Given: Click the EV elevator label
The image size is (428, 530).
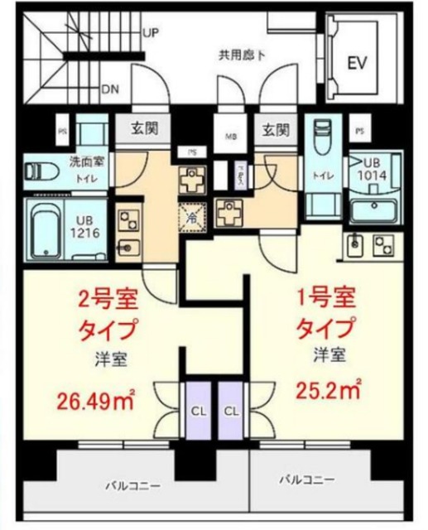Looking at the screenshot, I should pos(356,63).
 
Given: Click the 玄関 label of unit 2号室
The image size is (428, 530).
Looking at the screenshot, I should pos(144,129).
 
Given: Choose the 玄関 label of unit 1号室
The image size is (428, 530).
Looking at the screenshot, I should pos(275,129).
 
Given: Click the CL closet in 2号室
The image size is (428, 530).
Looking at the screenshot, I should pos(197,408).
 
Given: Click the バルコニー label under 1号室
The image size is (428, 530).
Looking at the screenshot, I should pos(306,480).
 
